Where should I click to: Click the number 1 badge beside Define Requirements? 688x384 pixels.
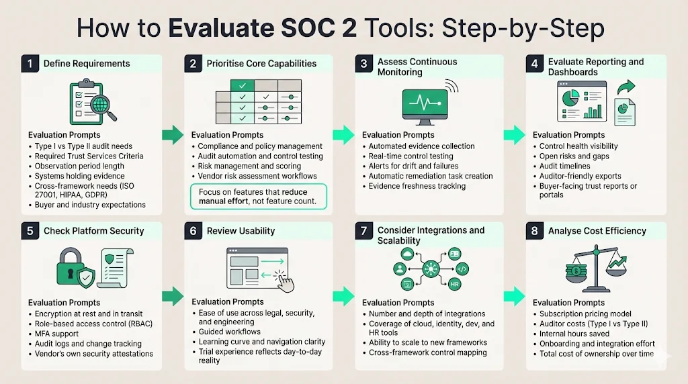30,64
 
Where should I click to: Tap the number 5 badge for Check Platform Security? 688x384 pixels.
30,231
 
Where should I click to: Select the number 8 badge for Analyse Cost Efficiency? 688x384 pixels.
535,231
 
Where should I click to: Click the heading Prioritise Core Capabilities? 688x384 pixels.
261,64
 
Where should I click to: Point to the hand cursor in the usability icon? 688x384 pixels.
286,282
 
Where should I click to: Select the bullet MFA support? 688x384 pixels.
56,334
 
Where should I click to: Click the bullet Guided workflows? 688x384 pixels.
229,332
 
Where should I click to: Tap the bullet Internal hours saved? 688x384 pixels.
574,334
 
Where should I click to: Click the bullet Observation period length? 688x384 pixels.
79,166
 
